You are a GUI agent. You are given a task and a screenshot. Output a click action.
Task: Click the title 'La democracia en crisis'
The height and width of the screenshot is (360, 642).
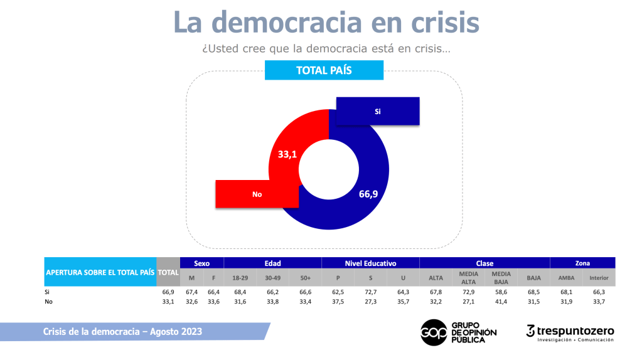(x=326, y=23)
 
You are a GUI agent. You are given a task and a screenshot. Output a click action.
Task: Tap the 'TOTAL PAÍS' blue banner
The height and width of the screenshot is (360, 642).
(x=324, y=70)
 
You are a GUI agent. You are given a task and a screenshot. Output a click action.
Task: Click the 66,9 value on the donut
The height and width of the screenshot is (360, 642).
(x=368, y=194)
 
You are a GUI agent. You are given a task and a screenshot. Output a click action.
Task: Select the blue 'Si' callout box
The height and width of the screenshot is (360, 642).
(x=378, y=111)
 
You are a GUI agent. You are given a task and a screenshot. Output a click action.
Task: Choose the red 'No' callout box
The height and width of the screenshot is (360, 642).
(x=257, y=194)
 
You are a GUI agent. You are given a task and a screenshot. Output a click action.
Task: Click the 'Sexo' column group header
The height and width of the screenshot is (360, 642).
(x=201, y=263)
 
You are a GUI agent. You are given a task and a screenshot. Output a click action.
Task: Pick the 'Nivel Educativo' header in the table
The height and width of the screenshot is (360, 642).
(x=370, y=263)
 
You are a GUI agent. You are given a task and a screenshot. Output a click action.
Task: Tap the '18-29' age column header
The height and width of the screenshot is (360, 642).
(x=240, y=278)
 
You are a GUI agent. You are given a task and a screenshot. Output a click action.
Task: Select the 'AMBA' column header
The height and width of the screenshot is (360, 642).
(x=566, y=278)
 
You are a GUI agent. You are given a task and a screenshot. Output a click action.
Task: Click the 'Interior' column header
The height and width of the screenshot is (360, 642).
(x=599, y=278)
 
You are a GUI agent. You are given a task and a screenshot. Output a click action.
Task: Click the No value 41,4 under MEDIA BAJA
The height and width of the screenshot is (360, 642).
(x=501, y=301)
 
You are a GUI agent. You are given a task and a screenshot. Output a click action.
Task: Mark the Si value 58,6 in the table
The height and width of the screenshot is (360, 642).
(x=501, y=292)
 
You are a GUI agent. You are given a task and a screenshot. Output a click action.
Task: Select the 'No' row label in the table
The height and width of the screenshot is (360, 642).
(x=48, y=301)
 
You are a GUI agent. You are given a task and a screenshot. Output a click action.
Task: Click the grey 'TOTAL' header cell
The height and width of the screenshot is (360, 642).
(x=168, y=272)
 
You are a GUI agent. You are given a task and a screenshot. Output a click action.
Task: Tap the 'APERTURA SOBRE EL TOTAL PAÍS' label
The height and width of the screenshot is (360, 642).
(x=99, y=272)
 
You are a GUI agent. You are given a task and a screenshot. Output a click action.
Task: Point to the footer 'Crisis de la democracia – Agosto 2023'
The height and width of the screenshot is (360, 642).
(x=122, y=331)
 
